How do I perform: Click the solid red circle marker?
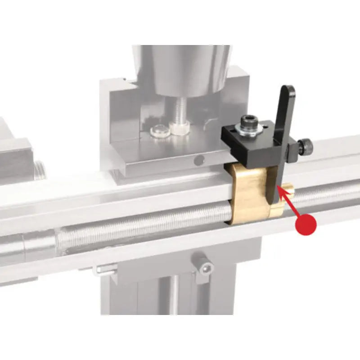tap(306, 224)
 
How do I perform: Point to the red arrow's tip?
tap(280, 188)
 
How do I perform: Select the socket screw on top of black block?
tap(248, 120)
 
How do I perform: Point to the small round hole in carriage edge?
tap(198, 159)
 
